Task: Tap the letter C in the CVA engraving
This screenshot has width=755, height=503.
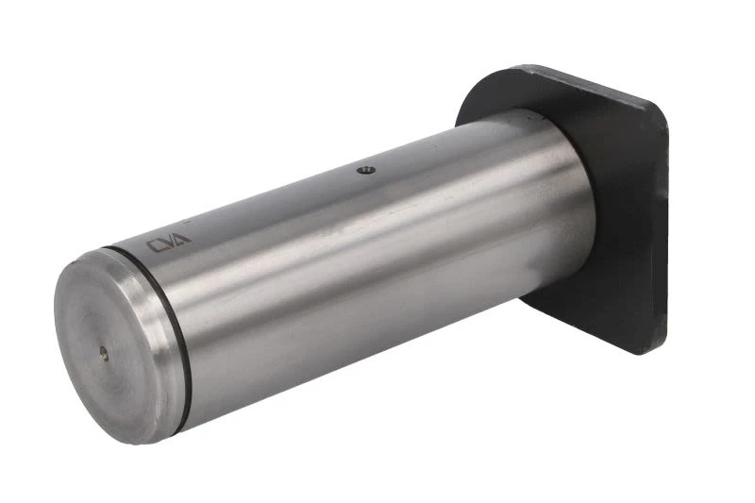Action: point(155,246)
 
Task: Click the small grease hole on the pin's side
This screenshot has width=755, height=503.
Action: point(366,170)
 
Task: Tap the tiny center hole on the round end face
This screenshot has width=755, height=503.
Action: point(104,352)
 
